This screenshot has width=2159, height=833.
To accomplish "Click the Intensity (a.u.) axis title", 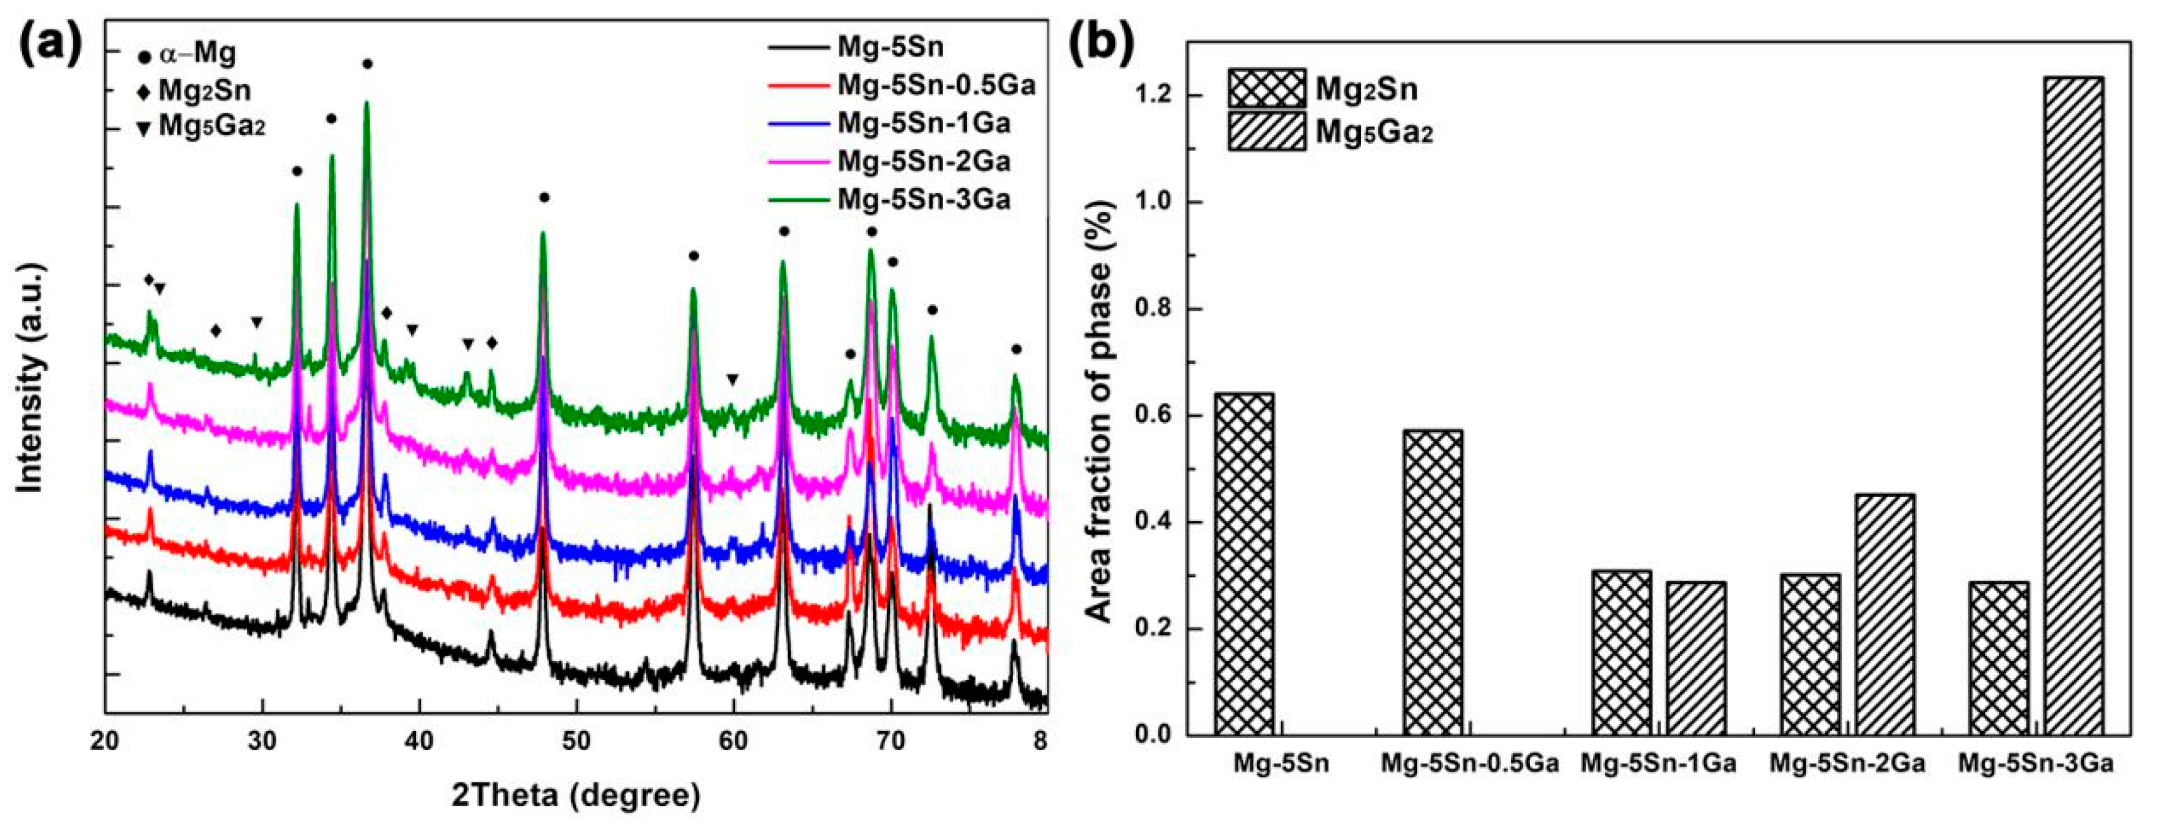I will pos(31,377).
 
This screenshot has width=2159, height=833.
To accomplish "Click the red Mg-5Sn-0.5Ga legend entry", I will pos(901,84).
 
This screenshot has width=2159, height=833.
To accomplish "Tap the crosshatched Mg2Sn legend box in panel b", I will pos(1267,88).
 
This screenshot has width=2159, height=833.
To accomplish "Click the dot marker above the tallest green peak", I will pos(367,64).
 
